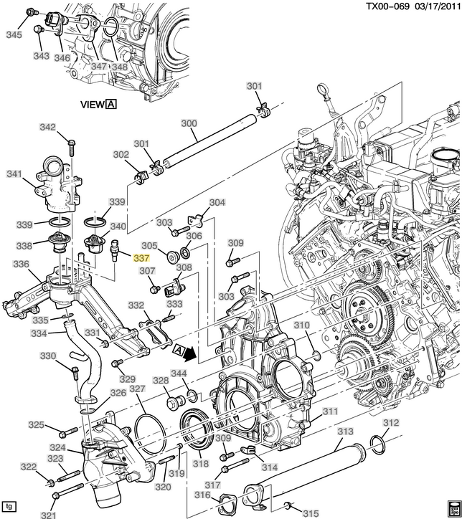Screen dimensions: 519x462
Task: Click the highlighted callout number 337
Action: tap(141, 259)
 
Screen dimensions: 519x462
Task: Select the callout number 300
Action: tap(189, 123)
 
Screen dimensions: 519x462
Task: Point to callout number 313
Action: tap(346, 432)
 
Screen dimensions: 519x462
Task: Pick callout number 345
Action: tap(14, 34)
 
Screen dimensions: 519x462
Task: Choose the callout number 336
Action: tap(22, 265)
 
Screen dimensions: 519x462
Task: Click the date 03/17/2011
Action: tap(435, 6)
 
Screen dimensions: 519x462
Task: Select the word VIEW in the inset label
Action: tap(93, 104)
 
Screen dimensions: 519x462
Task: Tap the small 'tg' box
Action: tap(9, 505)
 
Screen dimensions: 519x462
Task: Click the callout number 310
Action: tap(301, 325)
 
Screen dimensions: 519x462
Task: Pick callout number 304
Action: tap(217, 203)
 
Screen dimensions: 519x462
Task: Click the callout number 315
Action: tap(311, 513)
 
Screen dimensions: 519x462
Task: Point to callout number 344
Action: tap(179, 374)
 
